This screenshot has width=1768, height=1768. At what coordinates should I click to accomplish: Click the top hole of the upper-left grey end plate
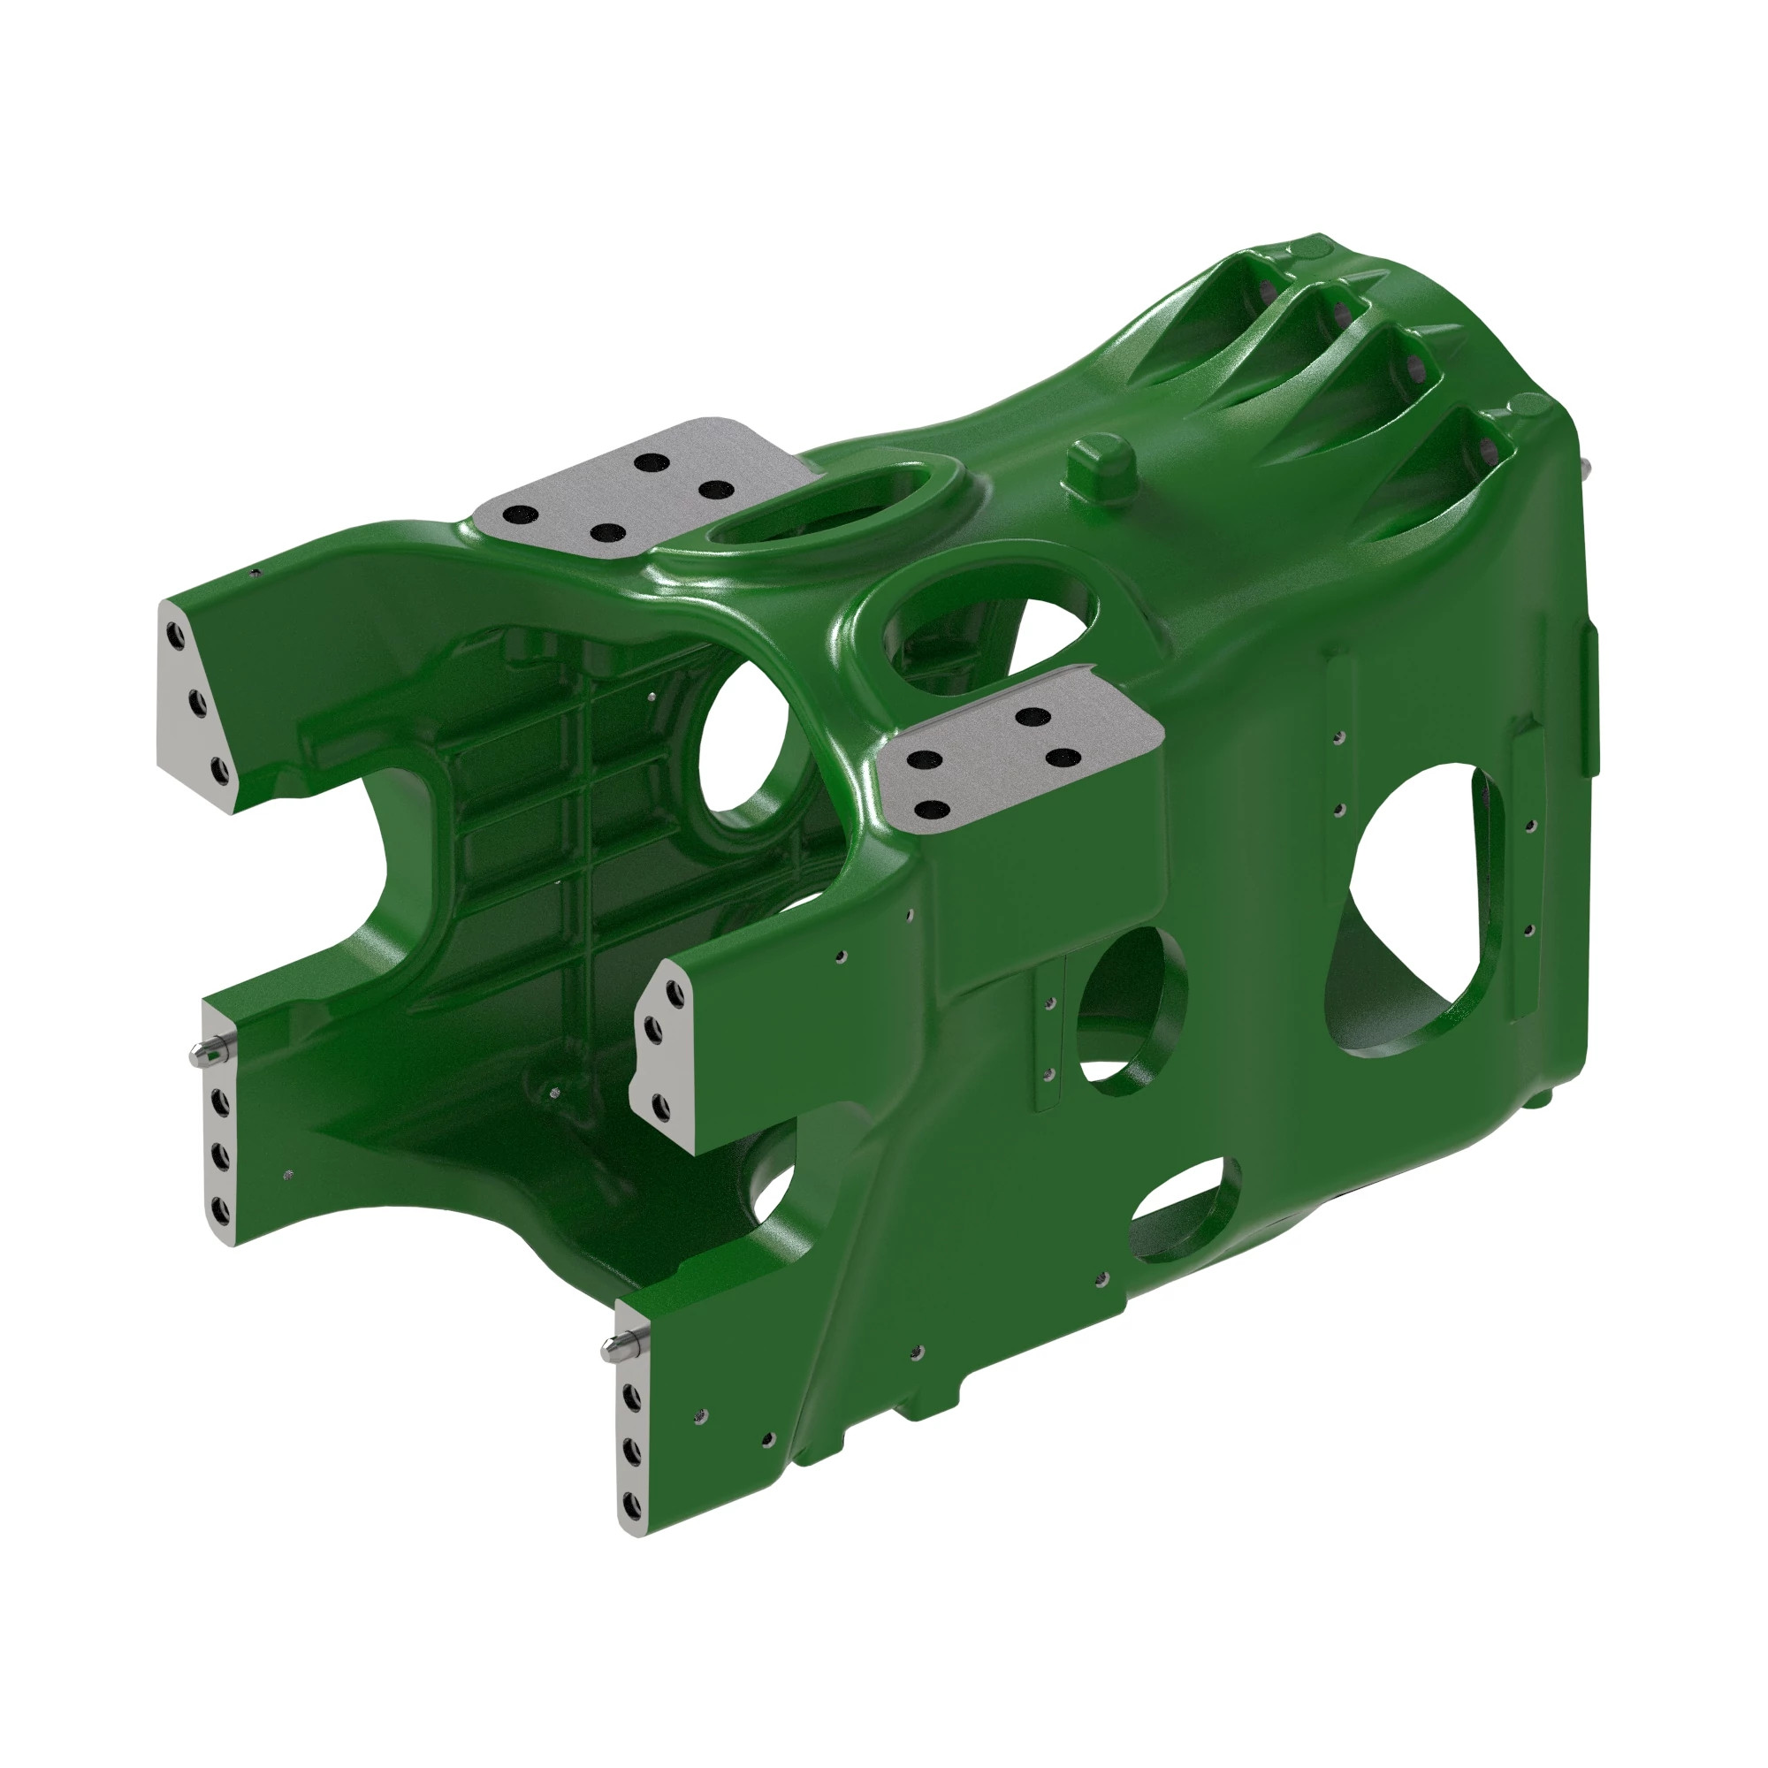coord(175,634)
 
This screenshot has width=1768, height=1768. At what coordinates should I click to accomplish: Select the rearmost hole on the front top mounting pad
coord(1033,716)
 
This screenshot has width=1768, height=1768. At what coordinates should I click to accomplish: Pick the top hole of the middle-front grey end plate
coord(674,991)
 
